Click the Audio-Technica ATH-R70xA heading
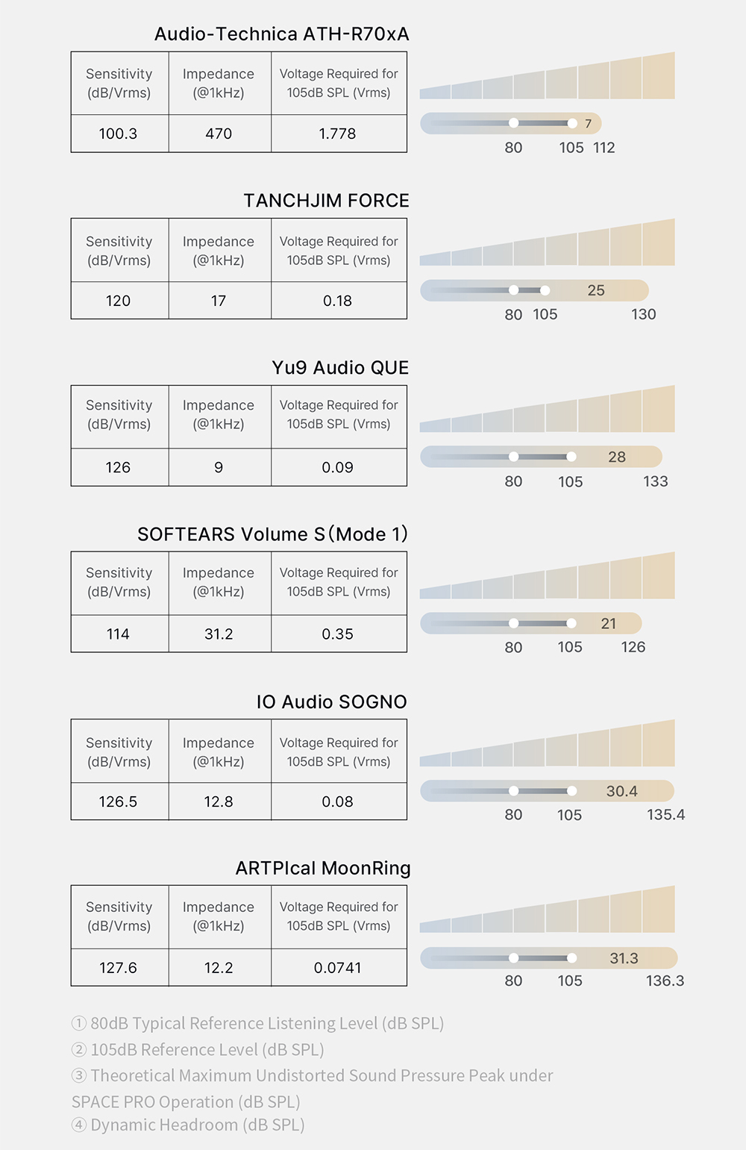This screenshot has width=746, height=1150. click(281, 34)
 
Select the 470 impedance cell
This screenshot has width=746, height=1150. click(219, 134)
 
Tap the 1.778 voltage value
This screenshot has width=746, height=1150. click(337, 134)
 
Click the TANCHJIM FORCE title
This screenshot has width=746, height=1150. click(326, 201)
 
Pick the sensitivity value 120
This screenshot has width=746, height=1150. click(118, 301)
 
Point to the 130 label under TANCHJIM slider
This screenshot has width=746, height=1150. click(643, 314)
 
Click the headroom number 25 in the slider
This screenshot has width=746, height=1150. click(595, 290)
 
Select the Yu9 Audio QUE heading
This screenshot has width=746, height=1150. click(340, 368)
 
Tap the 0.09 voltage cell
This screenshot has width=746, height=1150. click(337, 467)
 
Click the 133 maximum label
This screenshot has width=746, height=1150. click(655, 481)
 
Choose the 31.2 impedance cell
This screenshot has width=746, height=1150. click(219, 634)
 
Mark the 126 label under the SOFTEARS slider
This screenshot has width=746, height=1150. click(633, 647)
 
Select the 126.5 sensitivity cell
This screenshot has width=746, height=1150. click(118, 801)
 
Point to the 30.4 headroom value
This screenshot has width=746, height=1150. click(621, 791)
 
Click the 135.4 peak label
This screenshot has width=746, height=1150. click(665, 814)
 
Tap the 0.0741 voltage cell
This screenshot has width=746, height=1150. click(337, 968)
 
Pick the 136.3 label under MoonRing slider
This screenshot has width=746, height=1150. click(665, 981)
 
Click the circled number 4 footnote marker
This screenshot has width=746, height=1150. click(79, 1125)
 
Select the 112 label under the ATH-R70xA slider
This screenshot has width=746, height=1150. click(604, 148)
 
